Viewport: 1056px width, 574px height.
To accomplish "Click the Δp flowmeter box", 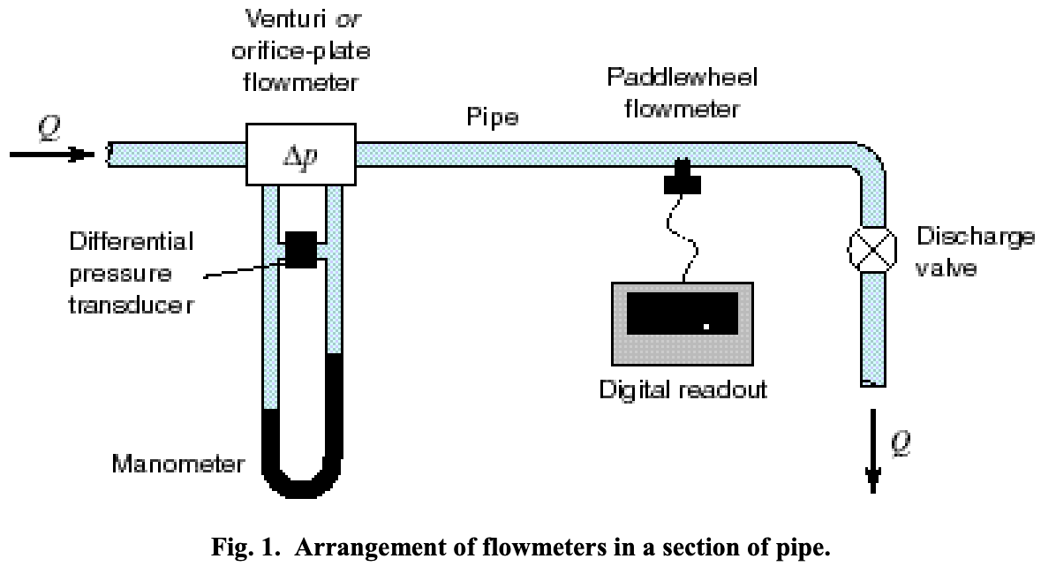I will tap(299, 155).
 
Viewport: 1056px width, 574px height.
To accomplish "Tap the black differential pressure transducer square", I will tap(301, 249).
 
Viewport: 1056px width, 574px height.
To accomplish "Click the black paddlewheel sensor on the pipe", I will tap(683, 177).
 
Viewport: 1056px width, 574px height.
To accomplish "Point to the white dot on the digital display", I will tap(705, 327).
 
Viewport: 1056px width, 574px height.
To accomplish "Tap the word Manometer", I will tap(177, 463).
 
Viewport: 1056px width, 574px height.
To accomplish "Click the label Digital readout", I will tap(682, 389).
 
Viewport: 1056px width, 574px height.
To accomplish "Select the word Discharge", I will tap(975, 237).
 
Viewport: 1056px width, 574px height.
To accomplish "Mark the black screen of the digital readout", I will tap(682, 313).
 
